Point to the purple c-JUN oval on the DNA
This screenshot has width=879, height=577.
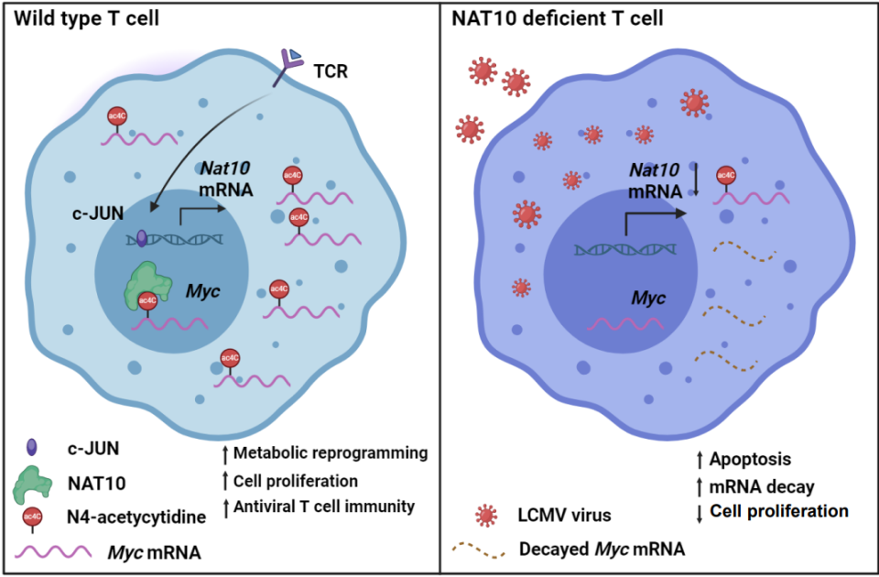coord(142,239)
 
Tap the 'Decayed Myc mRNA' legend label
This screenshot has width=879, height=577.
coord(602,549)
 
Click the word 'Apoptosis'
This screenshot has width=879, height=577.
coord(754,458)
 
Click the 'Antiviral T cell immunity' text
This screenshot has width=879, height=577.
coord(324,506)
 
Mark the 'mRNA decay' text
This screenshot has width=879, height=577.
coord(759,484)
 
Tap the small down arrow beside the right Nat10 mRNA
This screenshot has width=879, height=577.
coord(696,180)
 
